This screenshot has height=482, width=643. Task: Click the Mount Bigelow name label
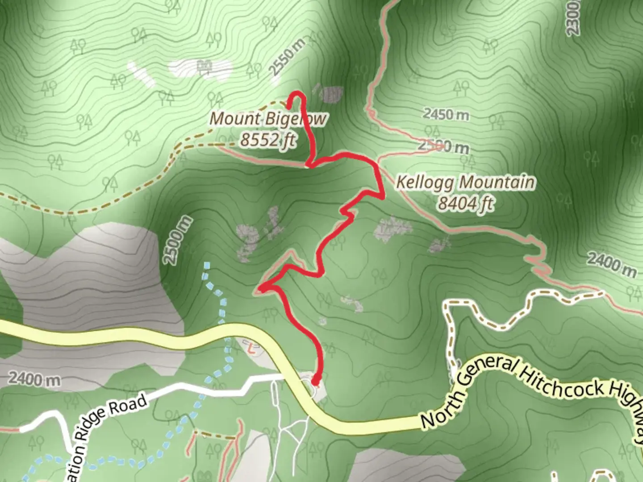pyautogui.click(x=268, y=119)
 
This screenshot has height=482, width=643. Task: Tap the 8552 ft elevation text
pyautogui.click(x=268, y=140)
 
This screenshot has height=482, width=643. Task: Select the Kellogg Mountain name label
pyautogui.click(x=465, y=183)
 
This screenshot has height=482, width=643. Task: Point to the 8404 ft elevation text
pyautogui.click(x=465, y=204)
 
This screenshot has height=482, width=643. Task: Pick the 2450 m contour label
pyautogui.click(x=446, y=114)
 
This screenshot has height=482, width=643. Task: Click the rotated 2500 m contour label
pyautogui.click(x=178, y=240)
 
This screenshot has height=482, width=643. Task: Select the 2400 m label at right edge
pyautogui.click(x=611, y=264)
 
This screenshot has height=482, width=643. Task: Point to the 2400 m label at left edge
pyautogui.click(x=34, y=379)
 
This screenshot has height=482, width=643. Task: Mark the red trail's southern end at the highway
pyautogui.click(x=316, y=382)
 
